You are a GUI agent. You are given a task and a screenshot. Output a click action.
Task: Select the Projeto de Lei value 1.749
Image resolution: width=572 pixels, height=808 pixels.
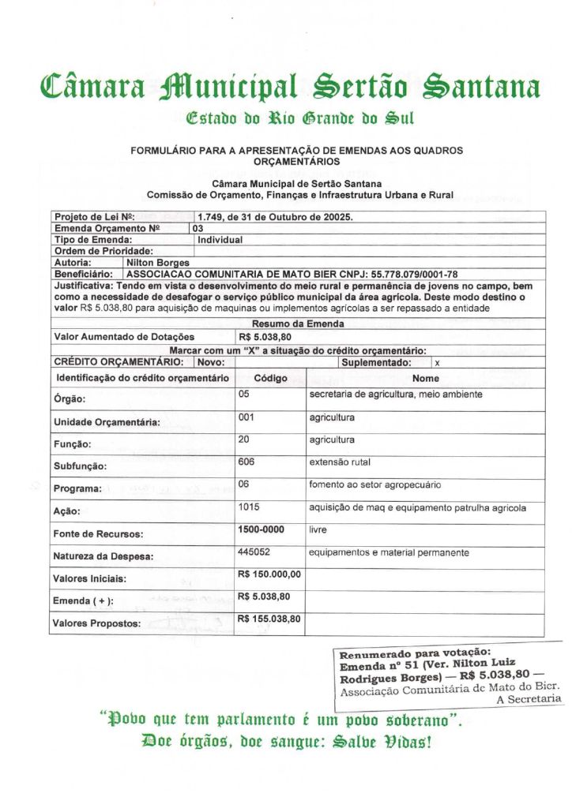(211, 217)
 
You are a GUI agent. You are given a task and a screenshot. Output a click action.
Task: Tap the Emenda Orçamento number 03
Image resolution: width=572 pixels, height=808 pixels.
(198, 228)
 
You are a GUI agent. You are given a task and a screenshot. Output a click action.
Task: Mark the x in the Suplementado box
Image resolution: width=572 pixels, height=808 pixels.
(438, 363)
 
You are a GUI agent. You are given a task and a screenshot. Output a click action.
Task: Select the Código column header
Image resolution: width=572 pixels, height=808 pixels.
(270, 378)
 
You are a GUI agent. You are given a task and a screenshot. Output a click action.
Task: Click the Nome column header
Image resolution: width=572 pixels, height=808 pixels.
(425, 378)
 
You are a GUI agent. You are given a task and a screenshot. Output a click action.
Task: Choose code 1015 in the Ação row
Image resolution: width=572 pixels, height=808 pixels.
(250, 507)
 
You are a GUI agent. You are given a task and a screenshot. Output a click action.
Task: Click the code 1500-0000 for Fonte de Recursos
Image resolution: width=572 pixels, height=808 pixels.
(261, 529)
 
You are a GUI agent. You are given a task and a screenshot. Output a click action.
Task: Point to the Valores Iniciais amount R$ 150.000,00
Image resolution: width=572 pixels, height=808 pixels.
(269, 574)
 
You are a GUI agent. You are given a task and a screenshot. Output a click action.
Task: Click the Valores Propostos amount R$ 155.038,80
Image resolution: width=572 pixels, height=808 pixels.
(269, 619)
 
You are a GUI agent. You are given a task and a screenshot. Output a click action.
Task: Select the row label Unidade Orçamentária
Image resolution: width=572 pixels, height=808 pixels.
(106, 422)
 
